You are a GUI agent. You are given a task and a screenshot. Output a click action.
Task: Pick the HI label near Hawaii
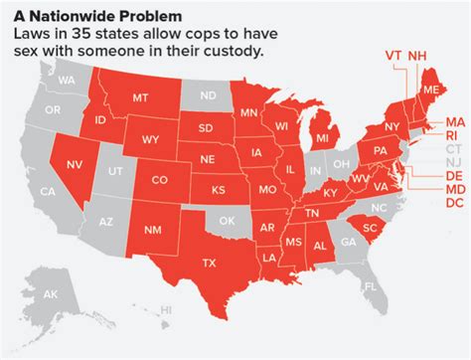[x=167, y=339]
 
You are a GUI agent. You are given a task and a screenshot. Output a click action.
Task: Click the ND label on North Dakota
[x=209, y=95]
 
